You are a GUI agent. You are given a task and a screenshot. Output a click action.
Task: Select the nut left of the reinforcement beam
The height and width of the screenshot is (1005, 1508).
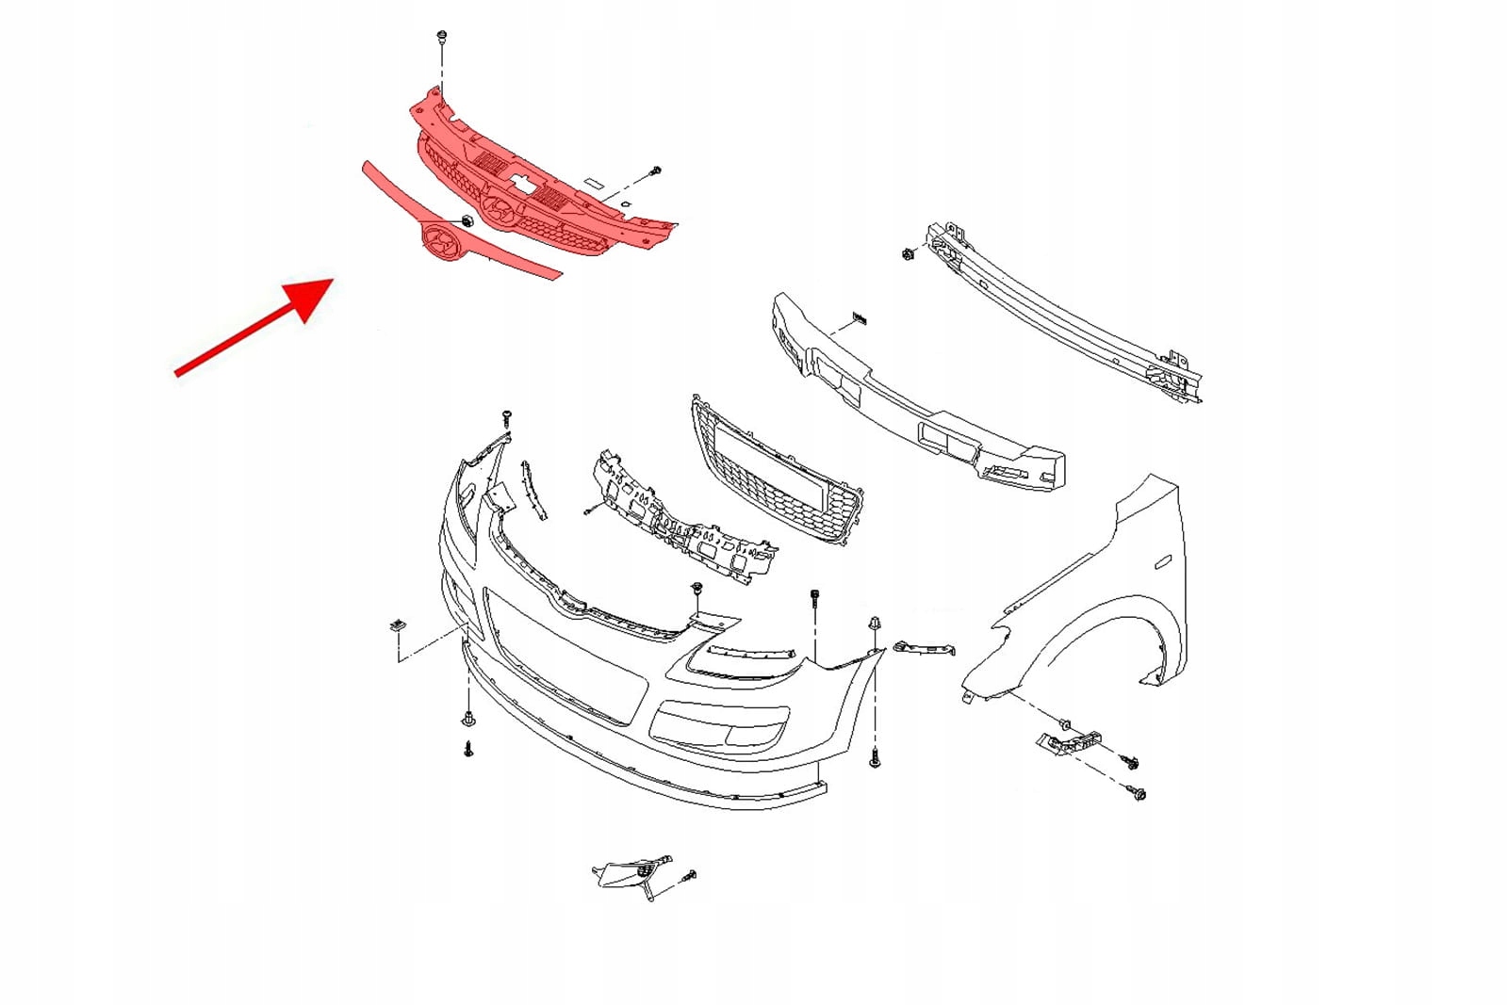(x=907, y=254)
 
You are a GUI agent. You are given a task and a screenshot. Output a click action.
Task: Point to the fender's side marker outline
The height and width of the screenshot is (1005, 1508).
(x=1162, y=562)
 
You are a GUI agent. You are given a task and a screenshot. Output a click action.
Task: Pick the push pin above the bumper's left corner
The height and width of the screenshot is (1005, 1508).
(x=506, y=415)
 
